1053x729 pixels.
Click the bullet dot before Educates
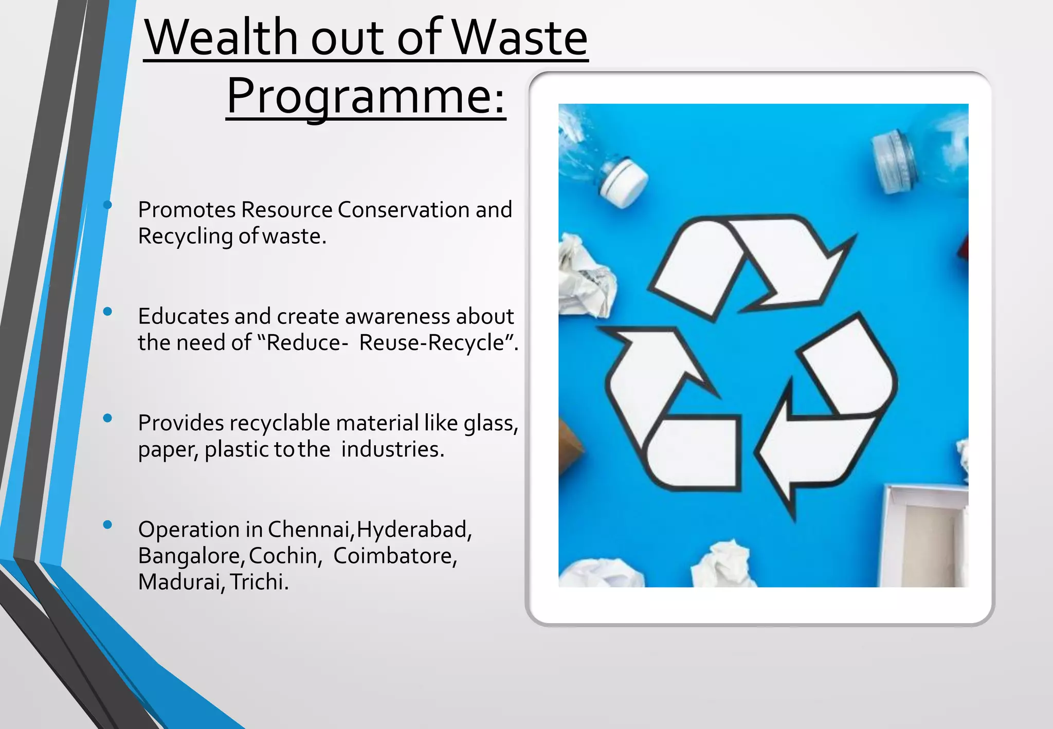[x=107, y=312]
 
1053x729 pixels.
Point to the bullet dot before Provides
[x=107, y=418]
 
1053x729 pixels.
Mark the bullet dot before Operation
[x=107, y=525]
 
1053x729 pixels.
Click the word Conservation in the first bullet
[x=403, y=210]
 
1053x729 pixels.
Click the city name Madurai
[x=179, y=582]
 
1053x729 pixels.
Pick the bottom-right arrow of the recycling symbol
[x=828, y=411]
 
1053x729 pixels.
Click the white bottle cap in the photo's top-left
[x=624, y=182]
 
